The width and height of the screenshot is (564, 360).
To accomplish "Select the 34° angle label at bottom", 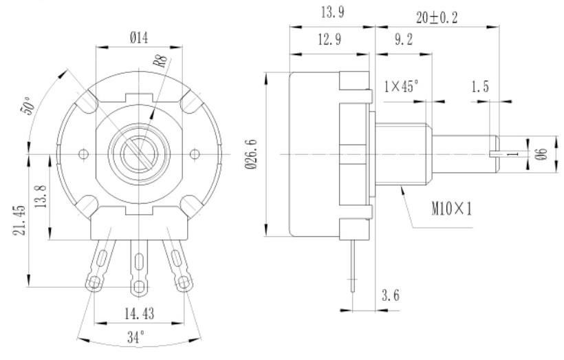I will (x=140, y=339).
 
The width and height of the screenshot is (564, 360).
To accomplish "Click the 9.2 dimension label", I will (x=403, y=41).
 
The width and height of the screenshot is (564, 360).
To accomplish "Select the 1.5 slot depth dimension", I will (x=482, y=87).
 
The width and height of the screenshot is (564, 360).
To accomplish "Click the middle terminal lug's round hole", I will (x=139, y=285).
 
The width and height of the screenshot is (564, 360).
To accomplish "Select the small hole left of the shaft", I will (x=84, y=153).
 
